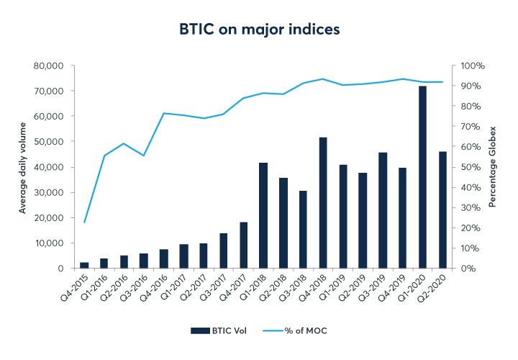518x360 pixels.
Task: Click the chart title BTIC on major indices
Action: (x=259, y=30)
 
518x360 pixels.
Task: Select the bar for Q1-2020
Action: (x=423, y=177)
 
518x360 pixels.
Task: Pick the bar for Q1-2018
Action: (x=263, y=215)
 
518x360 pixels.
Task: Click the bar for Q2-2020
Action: (x=442, y=210)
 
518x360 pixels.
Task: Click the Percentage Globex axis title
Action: (x=493, y=167)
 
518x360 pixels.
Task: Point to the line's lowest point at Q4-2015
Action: (x=84, y=222)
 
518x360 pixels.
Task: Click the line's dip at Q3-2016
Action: (x=144, y=156)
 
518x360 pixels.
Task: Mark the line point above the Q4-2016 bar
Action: (x=164, y=113)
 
